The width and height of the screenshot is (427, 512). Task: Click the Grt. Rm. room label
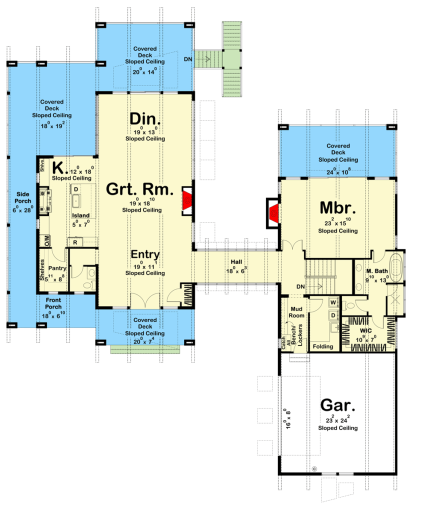click(139, 189)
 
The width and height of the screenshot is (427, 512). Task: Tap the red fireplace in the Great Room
click(187, 200)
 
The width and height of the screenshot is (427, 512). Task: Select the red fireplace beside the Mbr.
click(273, 213)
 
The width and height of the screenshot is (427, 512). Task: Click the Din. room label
click(145, 119)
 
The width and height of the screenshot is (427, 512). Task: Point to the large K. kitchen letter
click(59, 168)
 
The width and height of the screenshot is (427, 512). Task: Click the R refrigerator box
click(75, 242)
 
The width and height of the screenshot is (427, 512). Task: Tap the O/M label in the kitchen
click(47, 240)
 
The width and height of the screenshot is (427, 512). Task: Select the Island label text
click(80, 215)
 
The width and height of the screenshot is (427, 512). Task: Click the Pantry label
click(57, 268)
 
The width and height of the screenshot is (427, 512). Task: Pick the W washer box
click(333, 302)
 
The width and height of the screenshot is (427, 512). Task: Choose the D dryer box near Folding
click(333, 315)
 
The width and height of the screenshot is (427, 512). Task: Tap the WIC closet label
click(366, 330)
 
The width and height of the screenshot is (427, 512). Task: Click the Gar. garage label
click(337, 405)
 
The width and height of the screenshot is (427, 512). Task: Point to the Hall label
click(236, 262)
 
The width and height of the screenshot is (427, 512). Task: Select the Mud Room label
click(296, 312)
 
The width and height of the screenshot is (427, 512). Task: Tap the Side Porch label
click(23, 197)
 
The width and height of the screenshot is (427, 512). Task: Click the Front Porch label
click(53, 303)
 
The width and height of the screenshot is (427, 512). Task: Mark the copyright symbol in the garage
click(314, 469)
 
